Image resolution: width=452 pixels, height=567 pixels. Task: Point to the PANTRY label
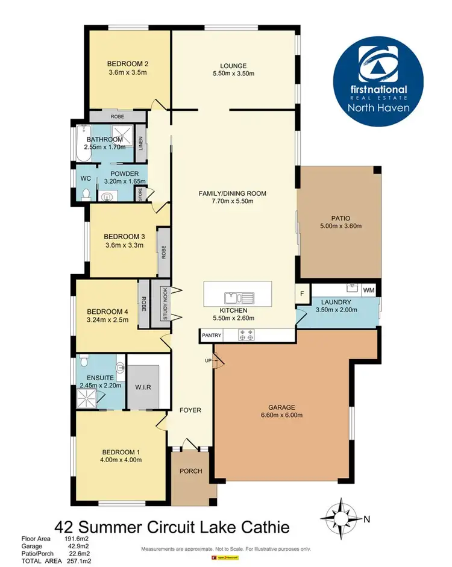click(x=212, y=335)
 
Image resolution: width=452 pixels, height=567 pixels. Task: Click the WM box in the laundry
click(x=369, y=290)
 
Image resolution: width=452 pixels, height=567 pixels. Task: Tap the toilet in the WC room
click(x=86, y=194)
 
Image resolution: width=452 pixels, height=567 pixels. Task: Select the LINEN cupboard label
click(x=141, y=143)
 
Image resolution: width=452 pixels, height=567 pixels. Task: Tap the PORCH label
click(x=192, y=471)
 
